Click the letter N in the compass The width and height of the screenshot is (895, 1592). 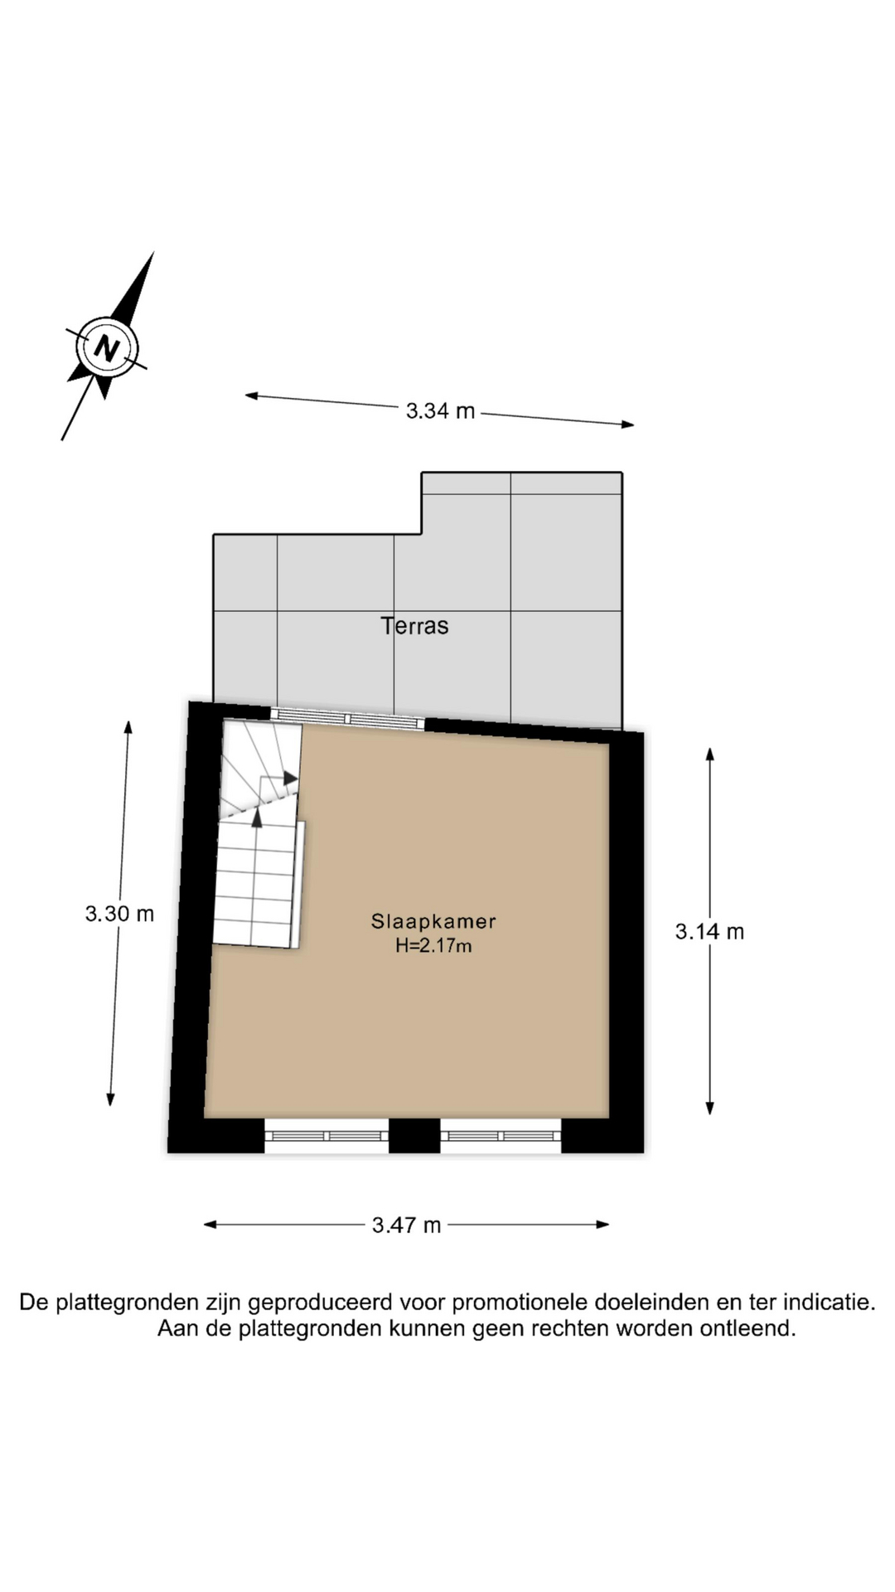coord(107,348)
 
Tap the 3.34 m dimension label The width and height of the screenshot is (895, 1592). coord(440,410)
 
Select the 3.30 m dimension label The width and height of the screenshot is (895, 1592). coord(119,914)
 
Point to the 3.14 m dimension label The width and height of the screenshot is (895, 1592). coord(709,932)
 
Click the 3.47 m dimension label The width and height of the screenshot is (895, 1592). coord(406,1226)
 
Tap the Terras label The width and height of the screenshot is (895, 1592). coord(414,626)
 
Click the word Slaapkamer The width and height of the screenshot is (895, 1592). coord(433,921)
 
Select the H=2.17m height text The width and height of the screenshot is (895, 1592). coord(433,946)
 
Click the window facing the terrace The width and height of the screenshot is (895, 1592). coord(348,719)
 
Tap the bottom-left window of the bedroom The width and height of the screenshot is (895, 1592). coord(327,1136)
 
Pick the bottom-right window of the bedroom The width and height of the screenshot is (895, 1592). coord(501,1136)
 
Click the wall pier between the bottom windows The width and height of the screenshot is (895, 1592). coord(414,1136)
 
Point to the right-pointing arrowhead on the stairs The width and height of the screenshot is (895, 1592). coord(291,778)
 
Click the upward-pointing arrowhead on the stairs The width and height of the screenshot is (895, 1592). coord(257,818)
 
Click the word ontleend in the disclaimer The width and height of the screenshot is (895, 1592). coord(746,1329)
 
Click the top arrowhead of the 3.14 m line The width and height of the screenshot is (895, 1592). coord(709,753)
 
